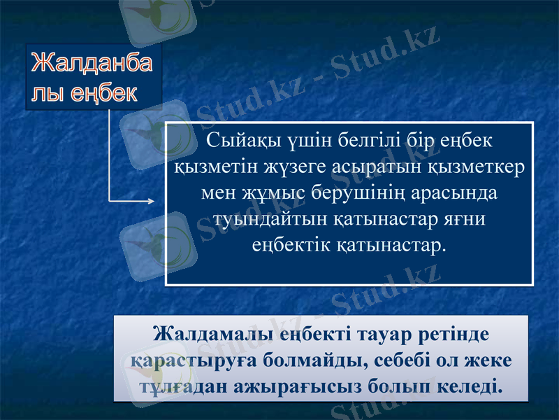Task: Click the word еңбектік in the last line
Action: (291, 245)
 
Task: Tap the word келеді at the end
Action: (470, 386)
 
